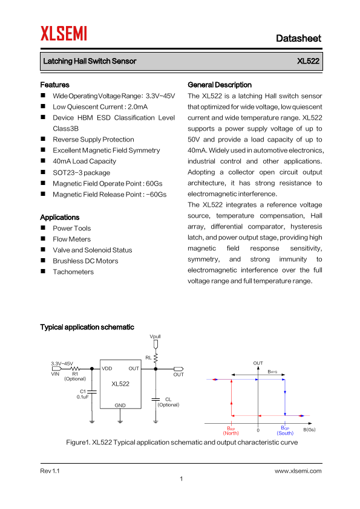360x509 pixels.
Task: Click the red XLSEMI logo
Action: click(x=64, y=33)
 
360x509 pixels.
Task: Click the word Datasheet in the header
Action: click(x=299, y=38)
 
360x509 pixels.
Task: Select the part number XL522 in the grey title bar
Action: click(x=308, y=61)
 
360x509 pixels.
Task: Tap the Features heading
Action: click(x=54, y=85)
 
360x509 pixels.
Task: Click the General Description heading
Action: click(x=220, y=85)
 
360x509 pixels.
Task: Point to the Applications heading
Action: click(x=60, y=217)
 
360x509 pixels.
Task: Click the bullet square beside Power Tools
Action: click(x=43, y=227)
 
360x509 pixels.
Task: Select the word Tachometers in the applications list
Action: click(x=73, y=271)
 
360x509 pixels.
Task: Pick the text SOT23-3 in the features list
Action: click(x=65, y=173)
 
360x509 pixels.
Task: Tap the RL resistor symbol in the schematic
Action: click(x=155, y=358)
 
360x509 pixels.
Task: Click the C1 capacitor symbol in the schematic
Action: click(x=92, y=392)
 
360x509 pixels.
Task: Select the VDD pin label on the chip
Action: click(x=107, y=368)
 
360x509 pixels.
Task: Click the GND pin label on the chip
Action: click(x=120, y=405)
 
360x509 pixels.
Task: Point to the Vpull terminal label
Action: click(x=155, y=336)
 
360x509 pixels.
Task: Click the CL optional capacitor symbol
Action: click(x=155, y=399)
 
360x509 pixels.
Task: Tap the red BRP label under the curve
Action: click(x=231, y=428)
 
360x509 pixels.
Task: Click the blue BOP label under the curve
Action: click(x=285, y=428)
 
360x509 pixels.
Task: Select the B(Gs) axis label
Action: click(x=309, y=429)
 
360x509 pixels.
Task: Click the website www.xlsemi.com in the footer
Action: click(x=298, y=471)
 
